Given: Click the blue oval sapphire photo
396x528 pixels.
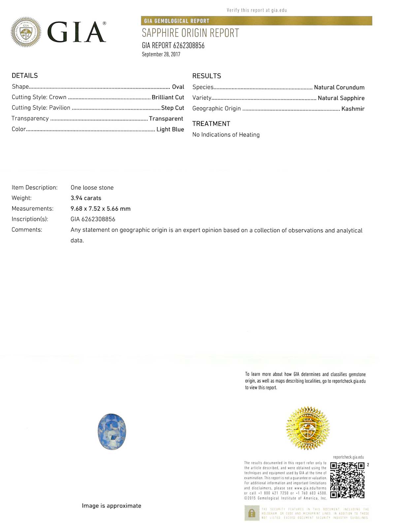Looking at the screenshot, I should pyautogui.click(x=112, y=431).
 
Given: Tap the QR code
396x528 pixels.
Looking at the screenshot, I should pyautogui.click(x=347, y=480).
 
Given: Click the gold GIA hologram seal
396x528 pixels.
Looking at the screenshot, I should pyautogui.click(x=308, y=428).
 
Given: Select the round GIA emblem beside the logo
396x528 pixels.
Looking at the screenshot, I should pyautogui.click(x=26, y=32).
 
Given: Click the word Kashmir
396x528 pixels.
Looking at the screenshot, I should pyautogui.click(x=353, y=109).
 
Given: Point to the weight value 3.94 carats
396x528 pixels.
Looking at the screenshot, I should pyautogui.click(x=86, y=198).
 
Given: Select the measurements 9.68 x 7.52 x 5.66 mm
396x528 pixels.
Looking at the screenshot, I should pyautogui.click(x=101, y=209).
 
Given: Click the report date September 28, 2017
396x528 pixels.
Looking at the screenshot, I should pyautogui.click(x=161, y=54).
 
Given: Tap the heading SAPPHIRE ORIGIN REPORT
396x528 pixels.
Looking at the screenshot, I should pyautogui.click(x=190, y=33).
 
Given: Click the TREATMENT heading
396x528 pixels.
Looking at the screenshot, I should pyautogui.click(x=211, y=124).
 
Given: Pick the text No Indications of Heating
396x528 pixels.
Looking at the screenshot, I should pyautogui.click(x=226, y=135).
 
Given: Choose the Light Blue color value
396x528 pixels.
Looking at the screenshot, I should pyautogui.click(x=170, y=129).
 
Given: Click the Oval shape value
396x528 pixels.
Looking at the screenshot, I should pyautogui.click(x=178, y=87).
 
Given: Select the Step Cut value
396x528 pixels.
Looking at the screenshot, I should pyautogui.click(x=173, y=108).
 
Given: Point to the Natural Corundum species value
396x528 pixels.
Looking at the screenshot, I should pyautogui.click(x=339, y=87).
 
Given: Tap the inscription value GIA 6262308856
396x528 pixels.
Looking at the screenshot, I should pyautogui.click(x=93, y=219).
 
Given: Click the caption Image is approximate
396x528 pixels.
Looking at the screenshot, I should pyautogui.click(x=112, y=506).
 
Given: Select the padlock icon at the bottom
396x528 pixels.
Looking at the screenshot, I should pyautogui.click(x=252, y=513).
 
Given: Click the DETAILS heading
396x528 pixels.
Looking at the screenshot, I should pyautogui.click(x=25, y=76).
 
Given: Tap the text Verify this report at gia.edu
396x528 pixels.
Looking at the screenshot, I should pyautogui.click(x=257, y=10).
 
